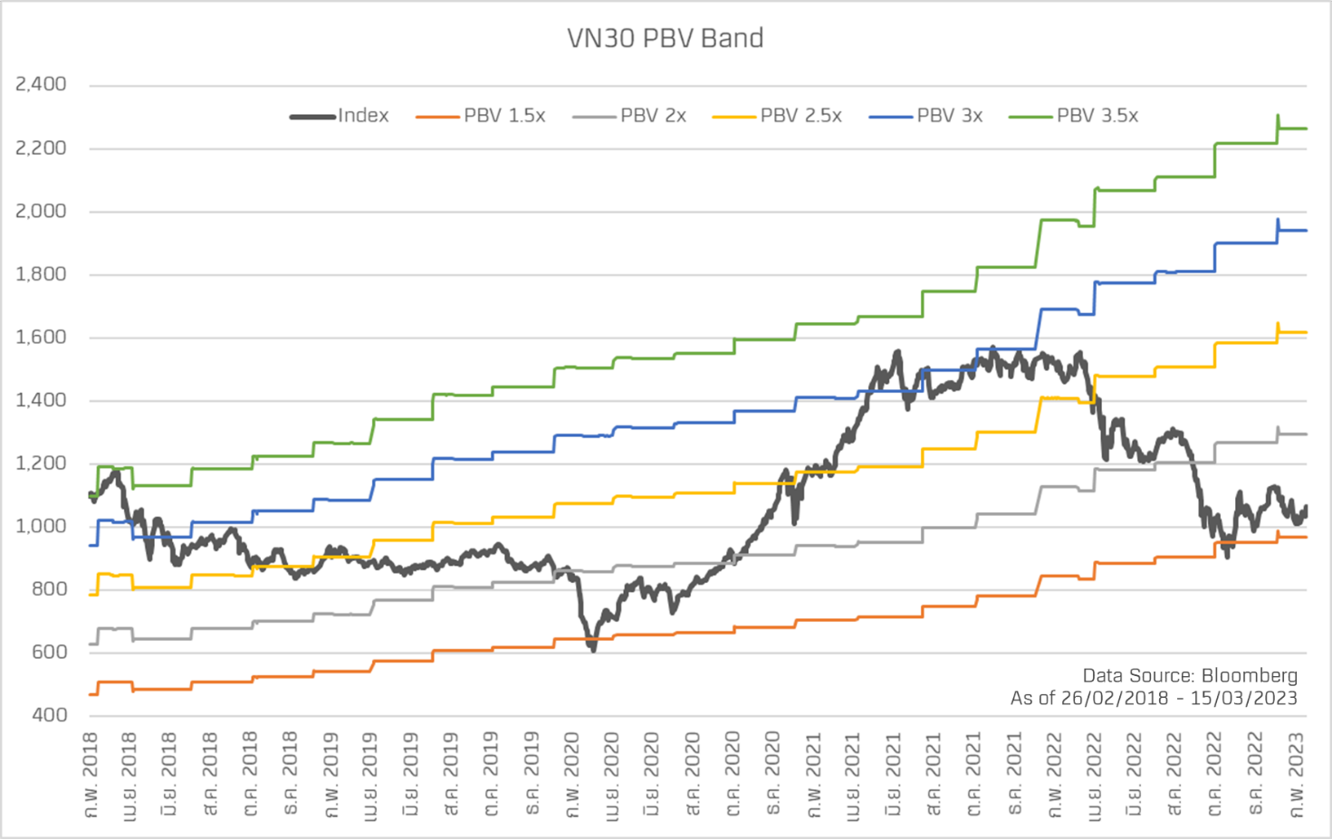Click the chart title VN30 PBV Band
pyautogui.click(x=666, y=38)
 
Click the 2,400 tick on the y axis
pyautogui.click(x=42, y=84)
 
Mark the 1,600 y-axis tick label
pyautogui.click(x=42, y=338)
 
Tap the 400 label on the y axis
pyautogui.click(x=50, y=715)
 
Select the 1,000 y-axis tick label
pyautogui.click(x=42, y=527)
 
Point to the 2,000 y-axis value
pyautogui.click(x=42, y=211)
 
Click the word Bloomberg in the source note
pyautogui.click(x=1249, y=675)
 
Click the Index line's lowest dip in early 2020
pyautogui.click(x=592, y=648)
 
